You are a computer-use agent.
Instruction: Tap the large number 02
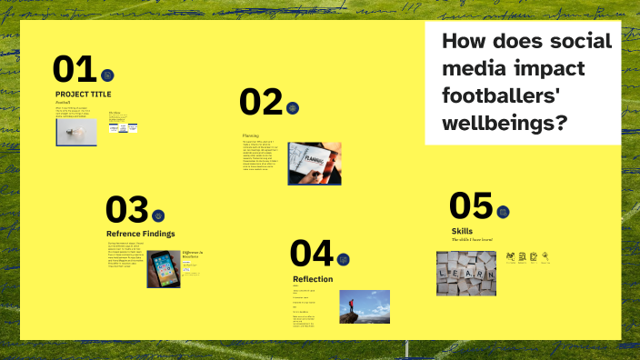coord(261,103)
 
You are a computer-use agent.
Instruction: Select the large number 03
coord(126,210)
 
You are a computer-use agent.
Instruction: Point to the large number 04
coord(312,253)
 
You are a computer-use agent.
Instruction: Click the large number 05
coord(470,206)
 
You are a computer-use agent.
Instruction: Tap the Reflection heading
coord(313,278)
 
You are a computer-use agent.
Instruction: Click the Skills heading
coord(462,231)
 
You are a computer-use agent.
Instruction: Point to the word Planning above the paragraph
coord(251,135)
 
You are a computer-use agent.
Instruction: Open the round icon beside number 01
coord(107,75)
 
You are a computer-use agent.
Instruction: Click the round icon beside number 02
coord(292,107)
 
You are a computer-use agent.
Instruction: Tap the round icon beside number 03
coord(158,215)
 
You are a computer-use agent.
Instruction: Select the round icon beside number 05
coord(503,212)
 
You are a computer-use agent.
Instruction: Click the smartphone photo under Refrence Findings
coord(164,268)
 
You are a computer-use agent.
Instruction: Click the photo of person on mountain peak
coord(365,306)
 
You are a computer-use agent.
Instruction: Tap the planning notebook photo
coord(315,163)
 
